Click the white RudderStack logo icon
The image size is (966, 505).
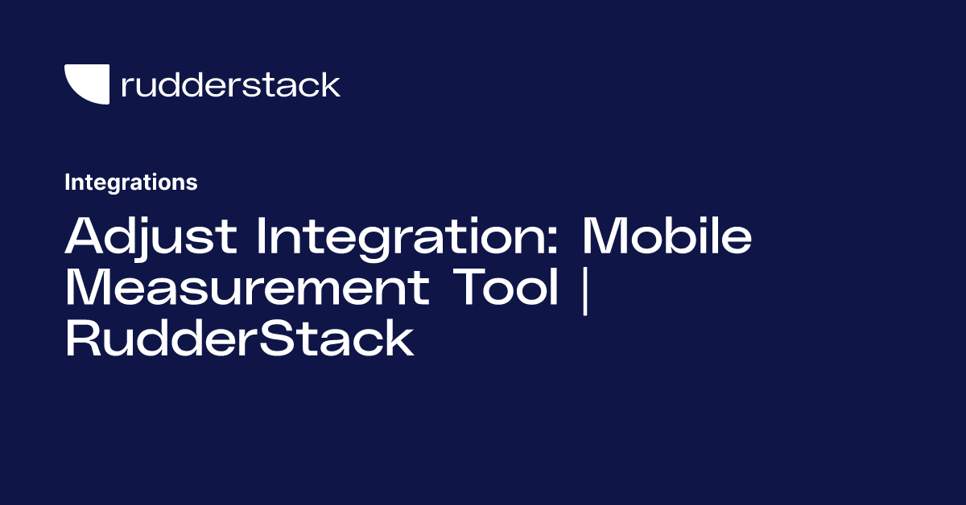86,84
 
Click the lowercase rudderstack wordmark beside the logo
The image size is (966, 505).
230,84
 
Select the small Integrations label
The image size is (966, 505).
130,183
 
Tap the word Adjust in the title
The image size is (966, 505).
151,236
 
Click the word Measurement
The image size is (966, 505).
246,288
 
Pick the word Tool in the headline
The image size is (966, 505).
503,288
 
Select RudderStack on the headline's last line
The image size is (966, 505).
239,339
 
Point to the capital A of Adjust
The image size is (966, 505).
86,236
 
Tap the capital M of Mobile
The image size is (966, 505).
609,236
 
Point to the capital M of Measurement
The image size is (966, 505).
90,288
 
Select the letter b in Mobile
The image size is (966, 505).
686,236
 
